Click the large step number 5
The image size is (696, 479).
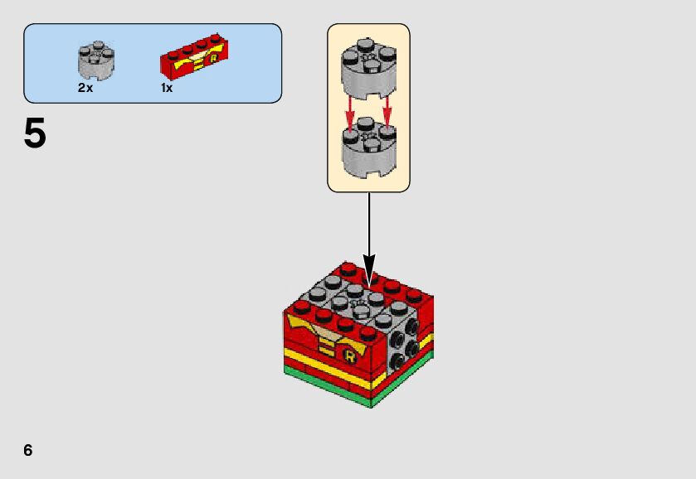[35, 133]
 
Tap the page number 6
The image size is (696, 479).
[28, 450]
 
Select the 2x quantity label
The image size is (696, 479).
[85, 88]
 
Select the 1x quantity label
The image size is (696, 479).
[167, 88]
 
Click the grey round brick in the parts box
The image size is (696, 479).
[97, 59]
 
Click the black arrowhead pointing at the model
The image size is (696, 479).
[369, 269]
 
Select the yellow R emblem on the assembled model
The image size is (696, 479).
[349, 356]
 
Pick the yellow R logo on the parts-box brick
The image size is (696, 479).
[214, 58]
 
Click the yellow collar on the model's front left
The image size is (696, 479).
[304, 323]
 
